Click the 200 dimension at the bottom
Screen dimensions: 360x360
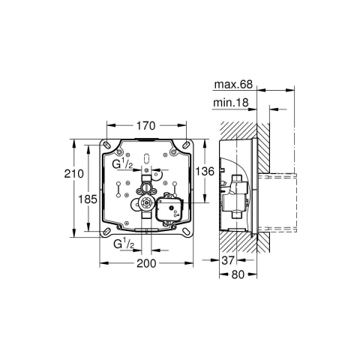tap(145, 263)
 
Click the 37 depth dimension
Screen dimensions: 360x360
tap(230, 259)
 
